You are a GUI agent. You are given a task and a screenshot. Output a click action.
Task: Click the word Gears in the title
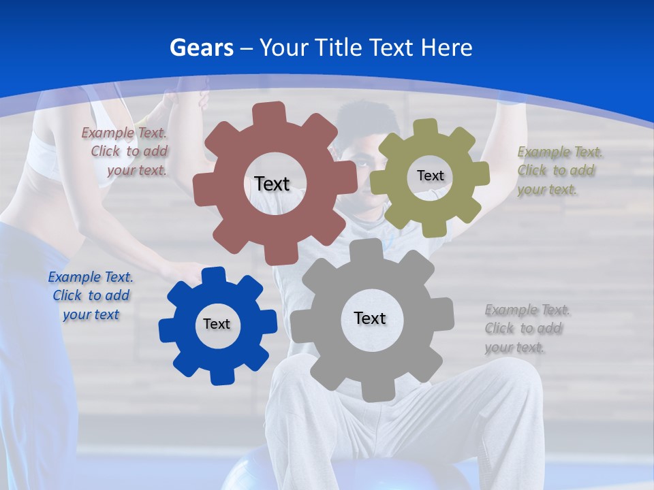[x=202, y=48]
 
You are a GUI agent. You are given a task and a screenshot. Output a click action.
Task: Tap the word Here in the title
[x=446, y=48]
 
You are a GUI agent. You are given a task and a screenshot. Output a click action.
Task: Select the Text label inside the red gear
[x=272, y=184]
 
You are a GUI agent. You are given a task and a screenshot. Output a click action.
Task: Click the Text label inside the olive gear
[x=430, y=176]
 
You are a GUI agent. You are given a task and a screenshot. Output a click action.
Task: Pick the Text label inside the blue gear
[x=216, y=324]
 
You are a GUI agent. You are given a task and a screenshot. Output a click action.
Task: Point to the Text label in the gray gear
[x=369, y=318]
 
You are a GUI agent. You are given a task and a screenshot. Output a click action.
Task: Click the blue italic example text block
[x=91, y=295]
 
